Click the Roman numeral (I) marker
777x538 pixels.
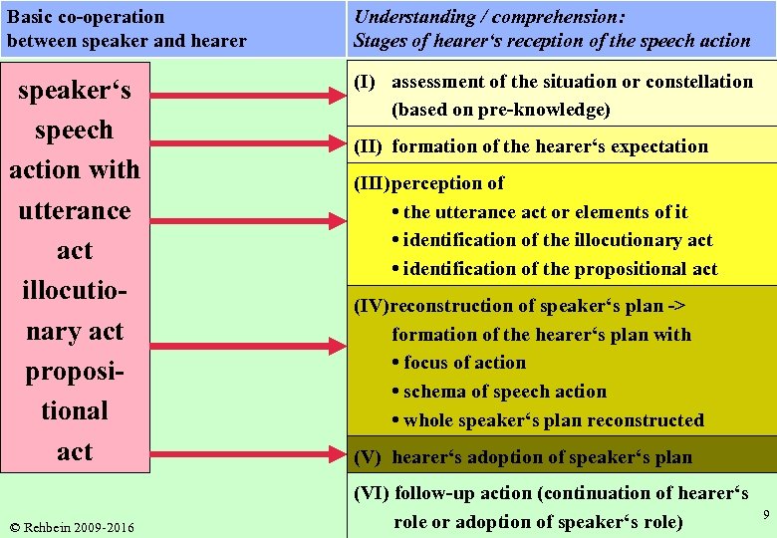pyautogui.click(x=365, y=82)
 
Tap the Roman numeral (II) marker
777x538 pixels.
pyautogui.click(x=367, y=146)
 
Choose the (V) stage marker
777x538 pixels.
pyautogui.click(x=368, y=457)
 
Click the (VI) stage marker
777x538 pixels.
pyautogui.click(x=372, y=493)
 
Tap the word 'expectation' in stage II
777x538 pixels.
pyautogui.click(x=659, y=146)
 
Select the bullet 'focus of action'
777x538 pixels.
pyautogui.click(x=464, y=363)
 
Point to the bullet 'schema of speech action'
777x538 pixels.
pyautogui.click(x=505, y=392)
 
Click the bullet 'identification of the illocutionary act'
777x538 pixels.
pyautogui.click(x=558, y=240)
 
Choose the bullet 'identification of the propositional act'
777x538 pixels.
pyautogui.click(x=560, y=269)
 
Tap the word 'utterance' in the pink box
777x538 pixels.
pyautogui.click(x=75, y=210)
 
